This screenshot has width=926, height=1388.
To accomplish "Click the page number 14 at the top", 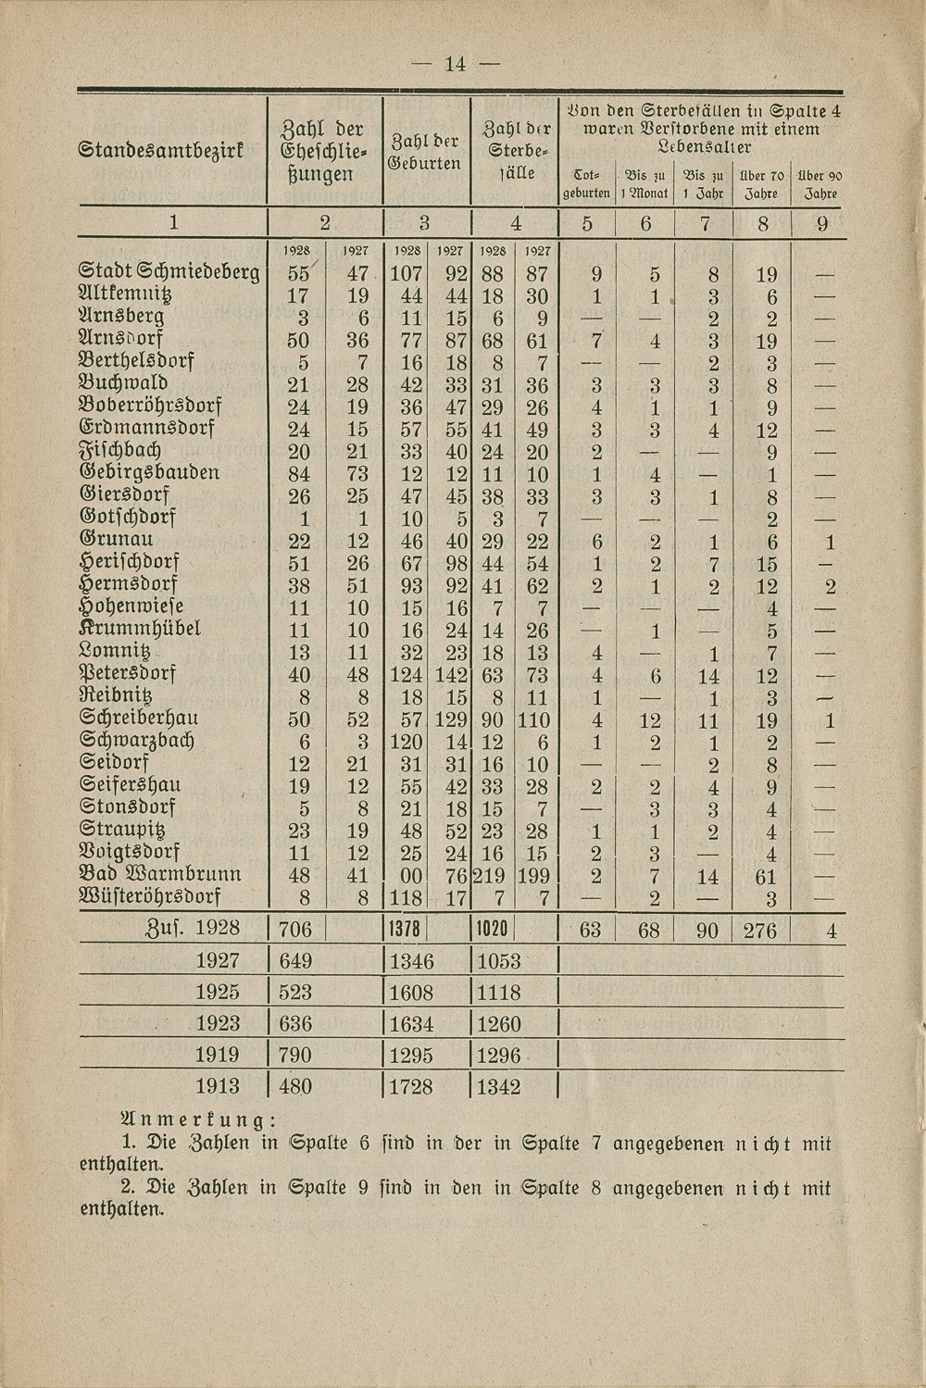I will click(455, 64).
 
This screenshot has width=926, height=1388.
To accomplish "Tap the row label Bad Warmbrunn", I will click(161, 874).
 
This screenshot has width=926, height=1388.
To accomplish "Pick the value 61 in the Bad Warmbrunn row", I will click(765, 875).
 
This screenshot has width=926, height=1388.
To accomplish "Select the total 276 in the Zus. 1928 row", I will click(759, 930).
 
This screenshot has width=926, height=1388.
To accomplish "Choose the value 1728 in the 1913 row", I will click(411, 1086).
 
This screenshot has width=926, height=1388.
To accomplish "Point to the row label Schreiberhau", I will click(139, 719).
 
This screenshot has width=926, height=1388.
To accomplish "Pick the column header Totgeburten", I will click(585, 184).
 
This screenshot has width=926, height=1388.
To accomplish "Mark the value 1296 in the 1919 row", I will click(499, 1055).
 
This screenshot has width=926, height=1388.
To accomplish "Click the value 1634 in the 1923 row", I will click(411, 1024).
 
